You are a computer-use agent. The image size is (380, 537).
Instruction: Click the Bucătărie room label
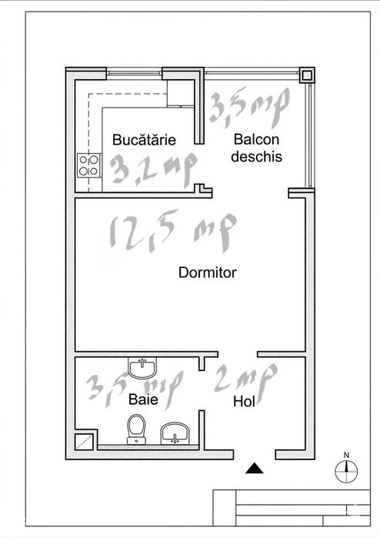tap(144, 139)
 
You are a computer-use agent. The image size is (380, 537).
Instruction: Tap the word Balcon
tap(256, 139)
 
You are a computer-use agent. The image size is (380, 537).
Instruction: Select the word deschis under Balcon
tap(256, 157)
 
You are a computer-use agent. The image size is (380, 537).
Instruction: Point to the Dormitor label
tap(208, 273)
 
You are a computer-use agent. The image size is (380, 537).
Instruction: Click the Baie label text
tap(143, 399)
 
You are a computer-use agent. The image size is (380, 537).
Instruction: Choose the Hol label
tap(244, 402)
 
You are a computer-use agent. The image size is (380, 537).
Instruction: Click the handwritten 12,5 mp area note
tap(173, 231)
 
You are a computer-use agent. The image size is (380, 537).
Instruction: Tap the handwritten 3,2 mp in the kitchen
tap(154, 170)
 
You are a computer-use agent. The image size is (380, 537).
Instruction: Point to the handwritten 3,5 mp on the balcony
tap(250, 107)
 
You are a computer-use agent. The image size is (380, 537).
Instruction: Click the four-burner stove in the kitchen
tap(89, 165)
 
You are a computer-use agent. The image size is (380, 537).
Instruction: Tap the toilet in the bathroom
tap(136, 429)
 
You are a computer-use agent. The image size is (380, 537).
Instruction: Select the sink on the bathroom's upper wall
tap(142, 367)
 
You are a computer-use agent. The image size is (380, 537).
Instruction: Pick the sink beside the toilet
tap(175, 433)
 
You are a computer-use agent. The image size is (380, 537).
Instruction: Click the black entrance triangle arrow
tap(255, 468)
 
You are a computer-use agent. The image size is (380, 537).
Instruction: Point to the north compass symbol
tap(346, 472)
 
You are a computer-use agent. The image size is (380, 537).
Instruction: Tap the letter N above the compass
tap(346, 455)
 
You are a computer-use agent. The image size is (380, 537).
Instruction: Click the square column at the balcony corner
tap(307, 75)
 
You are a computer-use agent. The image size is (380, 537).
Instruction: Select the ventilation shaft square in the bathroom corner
tap(85, 442)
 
